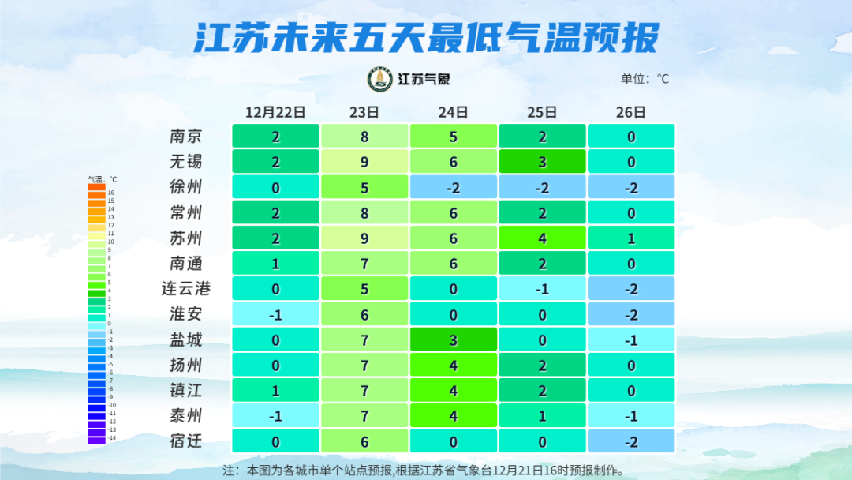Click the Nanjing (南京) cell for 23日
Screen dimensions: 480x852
pos(364,136)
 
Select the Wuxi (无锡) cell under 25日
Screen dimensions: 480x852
pos(543,161)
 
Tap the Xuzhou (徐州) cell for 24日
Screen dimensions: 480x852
pos(454,187)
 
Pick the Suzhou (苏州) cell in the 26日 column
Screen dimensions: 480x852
pos(631,238)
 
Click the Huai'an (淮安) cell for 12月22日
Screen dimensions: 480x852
pos(275,314)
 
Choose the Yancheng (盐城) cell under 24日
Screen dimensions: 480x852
pos(454,339)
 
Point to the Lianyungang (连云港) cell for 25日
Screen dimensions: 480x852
pos(543,289)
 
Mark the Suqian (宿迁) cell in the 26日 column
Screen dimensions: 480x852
pos(631,441)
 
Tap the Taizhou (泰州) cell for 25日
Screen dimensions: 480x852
pos(543,416)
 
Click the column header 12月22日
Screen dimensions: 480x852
pos(275,112)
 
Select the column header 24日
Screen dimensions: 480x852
pos(454,112)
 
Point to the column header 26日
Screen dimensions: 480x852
pos(631,112)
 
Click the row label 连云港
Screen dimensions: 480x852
pos(186,289)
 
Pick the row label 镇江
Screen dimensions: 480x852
pos(186,391)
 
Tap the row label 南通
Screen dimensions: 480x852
pos(186,263)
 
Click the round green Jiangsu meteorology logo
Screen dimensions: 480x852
pos(380,79)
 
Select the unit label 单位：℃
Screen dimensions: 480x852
pos(645,79)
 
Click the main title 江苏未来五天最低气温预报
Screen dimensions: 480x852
pos(426,37)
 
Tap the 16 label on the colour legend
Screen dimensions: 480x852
pos(111,193)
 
